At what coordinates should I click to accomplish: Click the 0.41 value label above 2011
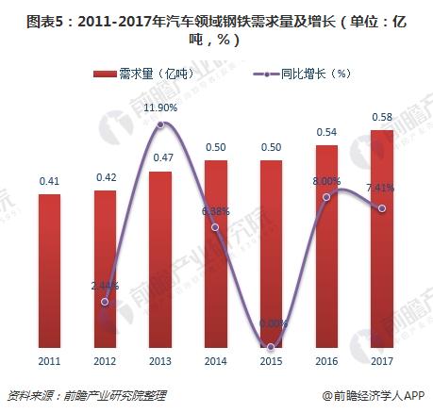point(51,179)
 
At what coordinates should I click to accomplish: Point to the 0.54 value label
point(326,131)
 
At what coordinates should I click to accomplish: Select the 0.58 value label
point(381,116)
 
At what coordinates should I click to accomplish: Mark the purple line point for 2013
point(161,124)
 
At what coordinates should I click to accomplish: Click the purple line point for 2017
point(381,208)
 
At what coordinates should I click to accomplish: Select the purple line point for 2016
point(326,197)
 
